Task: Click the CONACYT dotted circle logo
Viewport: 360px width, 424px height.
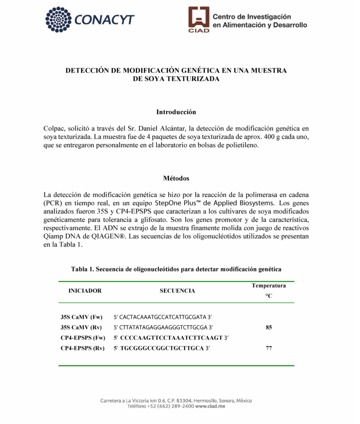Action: pos(59,19)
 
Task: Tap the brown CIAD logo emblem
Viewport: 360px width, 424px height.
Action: pos(199,19)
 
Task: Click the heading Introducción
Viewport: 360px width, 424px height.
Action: pos(176,112)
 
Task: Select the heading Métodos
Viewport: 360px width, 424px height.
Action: pos(176,178)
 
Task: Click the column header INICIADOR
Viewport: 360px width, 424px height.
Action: pos(85,291)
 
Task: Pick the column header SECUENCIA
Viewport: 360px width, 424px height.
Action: pos(177,291)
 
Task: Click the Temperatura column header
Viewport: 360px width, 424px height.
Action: pos(268,286)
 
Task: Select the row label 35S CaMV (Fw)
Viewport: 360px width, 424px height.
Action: pos(81,317)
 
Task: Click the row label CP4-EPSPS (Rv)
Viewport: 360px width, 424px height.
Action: pos(82,348)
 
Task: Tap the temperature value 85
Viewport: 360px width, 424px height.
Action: pos(269,328)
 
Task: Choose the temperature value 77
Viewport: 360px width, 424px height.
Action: pos(269,348)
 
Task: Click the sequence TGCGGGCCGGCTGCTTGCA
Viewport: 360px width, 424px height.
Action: pos(162,348)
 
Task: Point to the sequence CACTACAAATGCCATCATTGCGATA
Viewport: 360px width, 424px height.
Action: pos(163,317)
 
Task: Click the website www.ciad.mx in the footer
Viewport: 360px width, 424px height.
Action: pos(210,407)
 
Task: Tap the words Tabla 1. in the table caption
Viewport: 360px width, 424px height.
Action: pos(82,269)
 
